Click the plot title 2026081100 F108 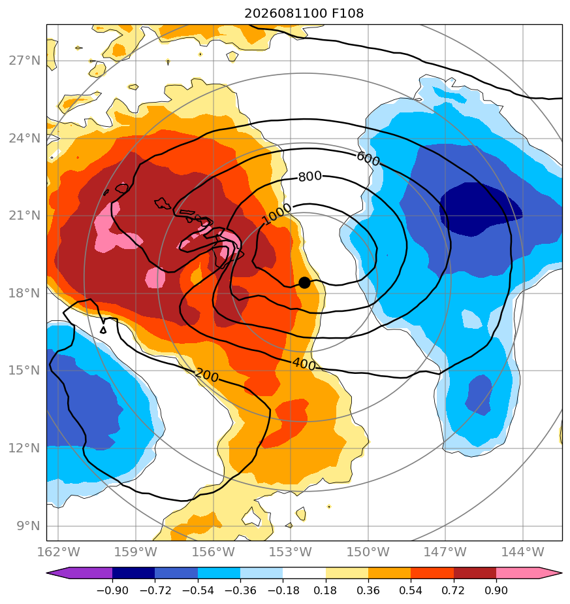[304, 14]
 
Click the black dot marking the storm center [304, 282]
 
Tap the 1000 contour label [277, 214]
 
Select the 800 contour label [310, 176]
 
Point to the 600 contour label [368, 159]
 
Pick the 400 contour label [304, 363]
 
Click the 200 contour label [207, 375]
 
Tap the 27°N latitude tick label [24, 61]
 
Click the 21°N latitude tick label [24, 215]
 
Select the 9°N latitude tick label [28, 526]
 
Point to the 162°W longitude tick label [58, 552]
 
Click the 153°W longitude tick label [290, 552]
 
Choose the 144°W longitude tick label [522, 552]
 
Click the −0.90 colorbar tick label [112, 590]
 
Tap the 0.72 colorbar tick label [453, 590]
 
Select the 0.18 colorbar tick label [325, 590]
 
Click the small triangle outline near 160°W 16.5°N [103, 329]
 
